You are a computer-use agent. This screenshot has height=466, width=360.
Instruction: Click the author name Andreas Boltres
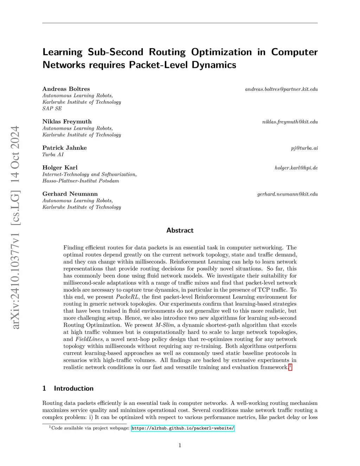pos(66,89)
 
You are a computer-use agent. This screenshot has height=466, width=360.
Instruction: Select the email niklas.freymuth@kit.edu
pos(290,122)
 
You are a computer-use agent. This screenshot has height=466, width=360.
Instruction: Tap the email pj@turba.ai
pos(304,148)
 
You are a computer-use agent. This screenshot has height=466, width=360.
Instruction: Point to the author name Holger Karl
pos(60,167)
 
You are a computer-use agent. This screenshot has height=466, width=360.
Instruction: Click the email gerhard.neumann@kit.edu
pos(287,194)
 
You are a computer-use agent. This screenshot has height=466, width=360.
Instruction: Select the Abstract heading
pos(180,230)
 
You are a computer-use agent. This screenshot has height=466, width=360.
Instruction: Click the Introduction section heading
pos(73,388)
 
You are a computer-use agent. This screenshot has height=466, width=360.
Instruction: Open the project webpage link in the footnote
pos(182,428)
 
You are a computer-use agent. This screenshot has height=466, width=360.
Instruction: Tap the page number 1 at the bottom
pos(180,445)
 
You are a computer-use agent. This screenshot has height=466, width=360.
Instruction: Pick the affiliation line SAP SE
pos(52,109)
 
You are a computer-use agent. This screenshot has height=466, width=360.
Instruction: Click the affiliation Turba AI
pos(53,155)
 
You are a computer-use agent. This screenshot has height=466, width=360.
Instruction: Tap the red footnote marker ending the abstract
pos(290,367)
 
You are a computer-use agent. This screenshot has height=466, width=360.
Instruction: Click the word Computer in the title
pos(294,52)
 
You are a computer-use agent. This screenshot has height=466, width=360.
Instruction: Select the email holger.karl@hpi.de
pos(296,168)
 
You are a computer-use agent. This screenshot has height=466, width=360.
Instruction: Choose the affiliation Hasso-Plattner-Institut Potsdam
pos(81,181)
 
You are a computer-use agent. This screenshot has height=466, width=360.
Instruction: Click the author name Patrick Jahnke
pos(64,148)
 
